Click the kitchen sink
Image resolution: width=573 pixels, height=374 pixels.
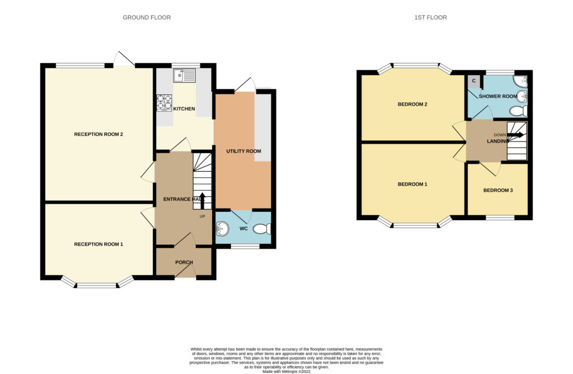(x=185, y=76)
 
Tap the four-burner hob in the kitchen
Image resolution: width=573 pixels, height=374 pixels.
(x=164, y=102)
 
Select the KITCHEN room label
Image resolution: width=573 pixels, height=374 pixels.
(x=184, y=109)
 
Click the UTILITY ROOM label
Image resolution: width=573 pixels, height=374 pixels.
(x=243, y=151)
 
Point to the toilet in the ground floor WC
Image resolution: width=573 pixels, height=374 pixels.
(x=262, y=229)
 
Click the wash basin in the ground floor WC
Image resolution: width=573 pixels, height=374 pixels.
(x=222, y=229)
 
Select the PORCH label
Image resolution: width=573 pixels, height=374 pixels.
(x=184, y=262)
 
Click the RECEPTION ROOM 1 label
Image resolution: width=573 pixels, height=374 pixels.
(x=98, y=244)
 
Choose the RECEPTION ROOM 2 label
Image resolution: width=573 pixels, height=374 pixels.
(x=98, y=134)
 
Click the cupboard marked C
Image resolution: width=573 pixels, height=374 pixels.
(x=473, y=81)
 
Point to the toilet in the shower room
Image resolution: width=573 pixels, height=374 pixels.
(x=519, y=110)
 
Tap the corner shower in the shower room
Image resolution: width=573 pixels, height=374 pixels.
(x=520, y=82)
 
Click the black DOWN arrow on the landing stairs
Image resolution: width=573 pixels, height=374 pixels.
(x=515, y=135)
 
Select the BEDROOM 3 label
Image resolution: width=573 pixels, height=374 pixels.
(x=497, y=190)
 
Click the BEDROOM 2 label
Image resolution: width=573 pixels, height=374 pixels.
(x=412, y=105)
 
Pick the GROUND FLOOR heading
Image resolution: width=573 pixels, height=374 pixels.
(x=147, y=17)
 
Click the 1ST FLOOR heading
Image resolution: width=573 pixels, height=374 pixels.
(x=430, y=17)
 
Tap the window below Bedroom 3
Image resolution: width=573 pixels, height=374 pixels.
(x=500, y=217)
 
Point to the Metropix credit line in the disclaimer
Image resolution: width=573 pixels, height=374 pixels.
(x=286, y=371)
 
